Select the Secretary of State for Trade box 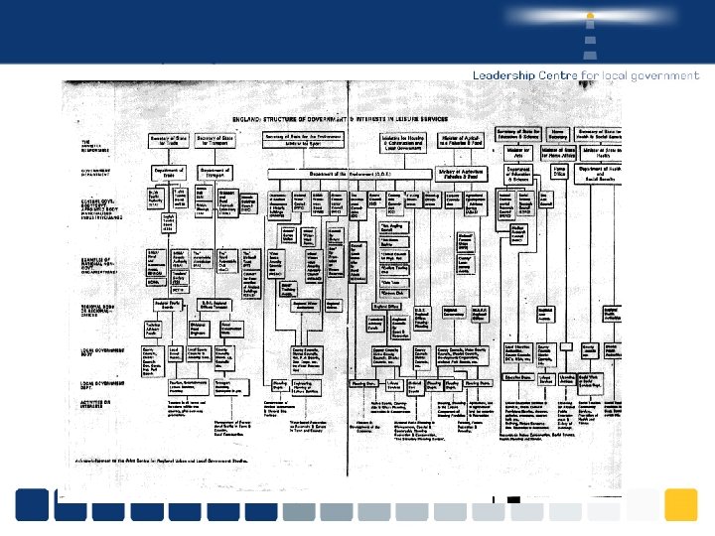click(168, 141)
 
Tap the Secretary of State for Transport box click(214, 141)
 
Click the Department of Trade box click(168, 173)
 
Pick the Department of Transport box click(214, 173)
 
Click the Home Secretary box click(558, 133)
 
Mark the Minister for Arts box click(515, 153)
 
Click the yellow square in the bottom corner click(680, 504)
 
